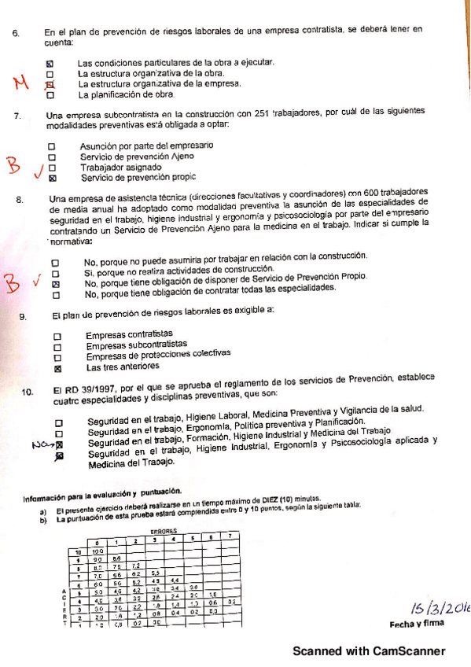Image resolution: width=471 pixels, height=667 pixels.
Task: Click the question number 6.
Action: pyautogui.click(x=15, y=33)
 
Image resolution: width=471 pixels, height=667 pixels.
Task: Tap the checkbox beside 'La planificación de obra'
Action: pyautogui.click(x=50, y=95)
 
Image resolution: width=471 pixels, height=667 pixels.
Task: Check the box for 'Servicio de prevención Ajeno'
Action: pyautogui.click(x=53, y=157)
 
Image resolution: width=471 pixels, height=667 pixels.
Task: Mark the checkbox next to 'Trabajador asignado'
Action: pyautogui.click(x=53, y=167)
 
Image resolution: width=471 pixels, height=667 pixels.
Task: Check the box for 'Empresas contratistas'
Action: pyautogui.click(x=57, y=334)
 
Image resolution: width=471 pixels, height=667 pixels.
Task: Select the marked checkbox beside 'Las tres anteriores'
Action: pyautogui.click(x=57, y=367)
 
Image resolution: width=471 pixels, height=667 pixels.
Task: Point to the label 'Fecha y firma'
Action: pyautogui.click(x=416, y=624)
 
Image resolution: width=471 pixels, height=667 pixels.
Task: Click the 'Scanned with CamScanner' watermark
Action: pyautogui.click(x=369, y=650)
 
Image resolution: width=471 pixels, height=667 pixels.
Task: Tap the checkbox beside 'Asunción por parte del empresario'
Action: pyautogui.click(x=53, y=146)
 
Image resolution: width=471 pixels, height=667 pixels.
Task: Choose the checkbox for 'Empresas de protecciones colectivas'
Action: pyautogui.click(x=57, y=356)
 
